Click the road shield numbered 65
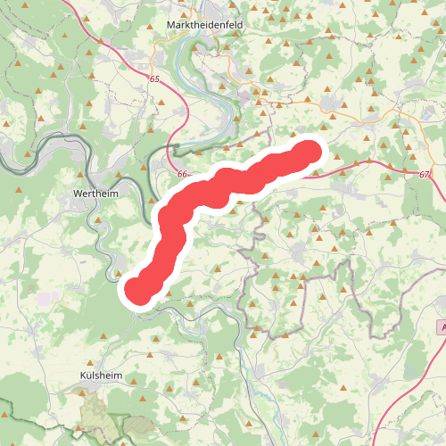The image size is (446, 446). point(154,79)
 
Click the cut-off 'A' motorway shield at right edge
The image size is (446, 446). point(442,328)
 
